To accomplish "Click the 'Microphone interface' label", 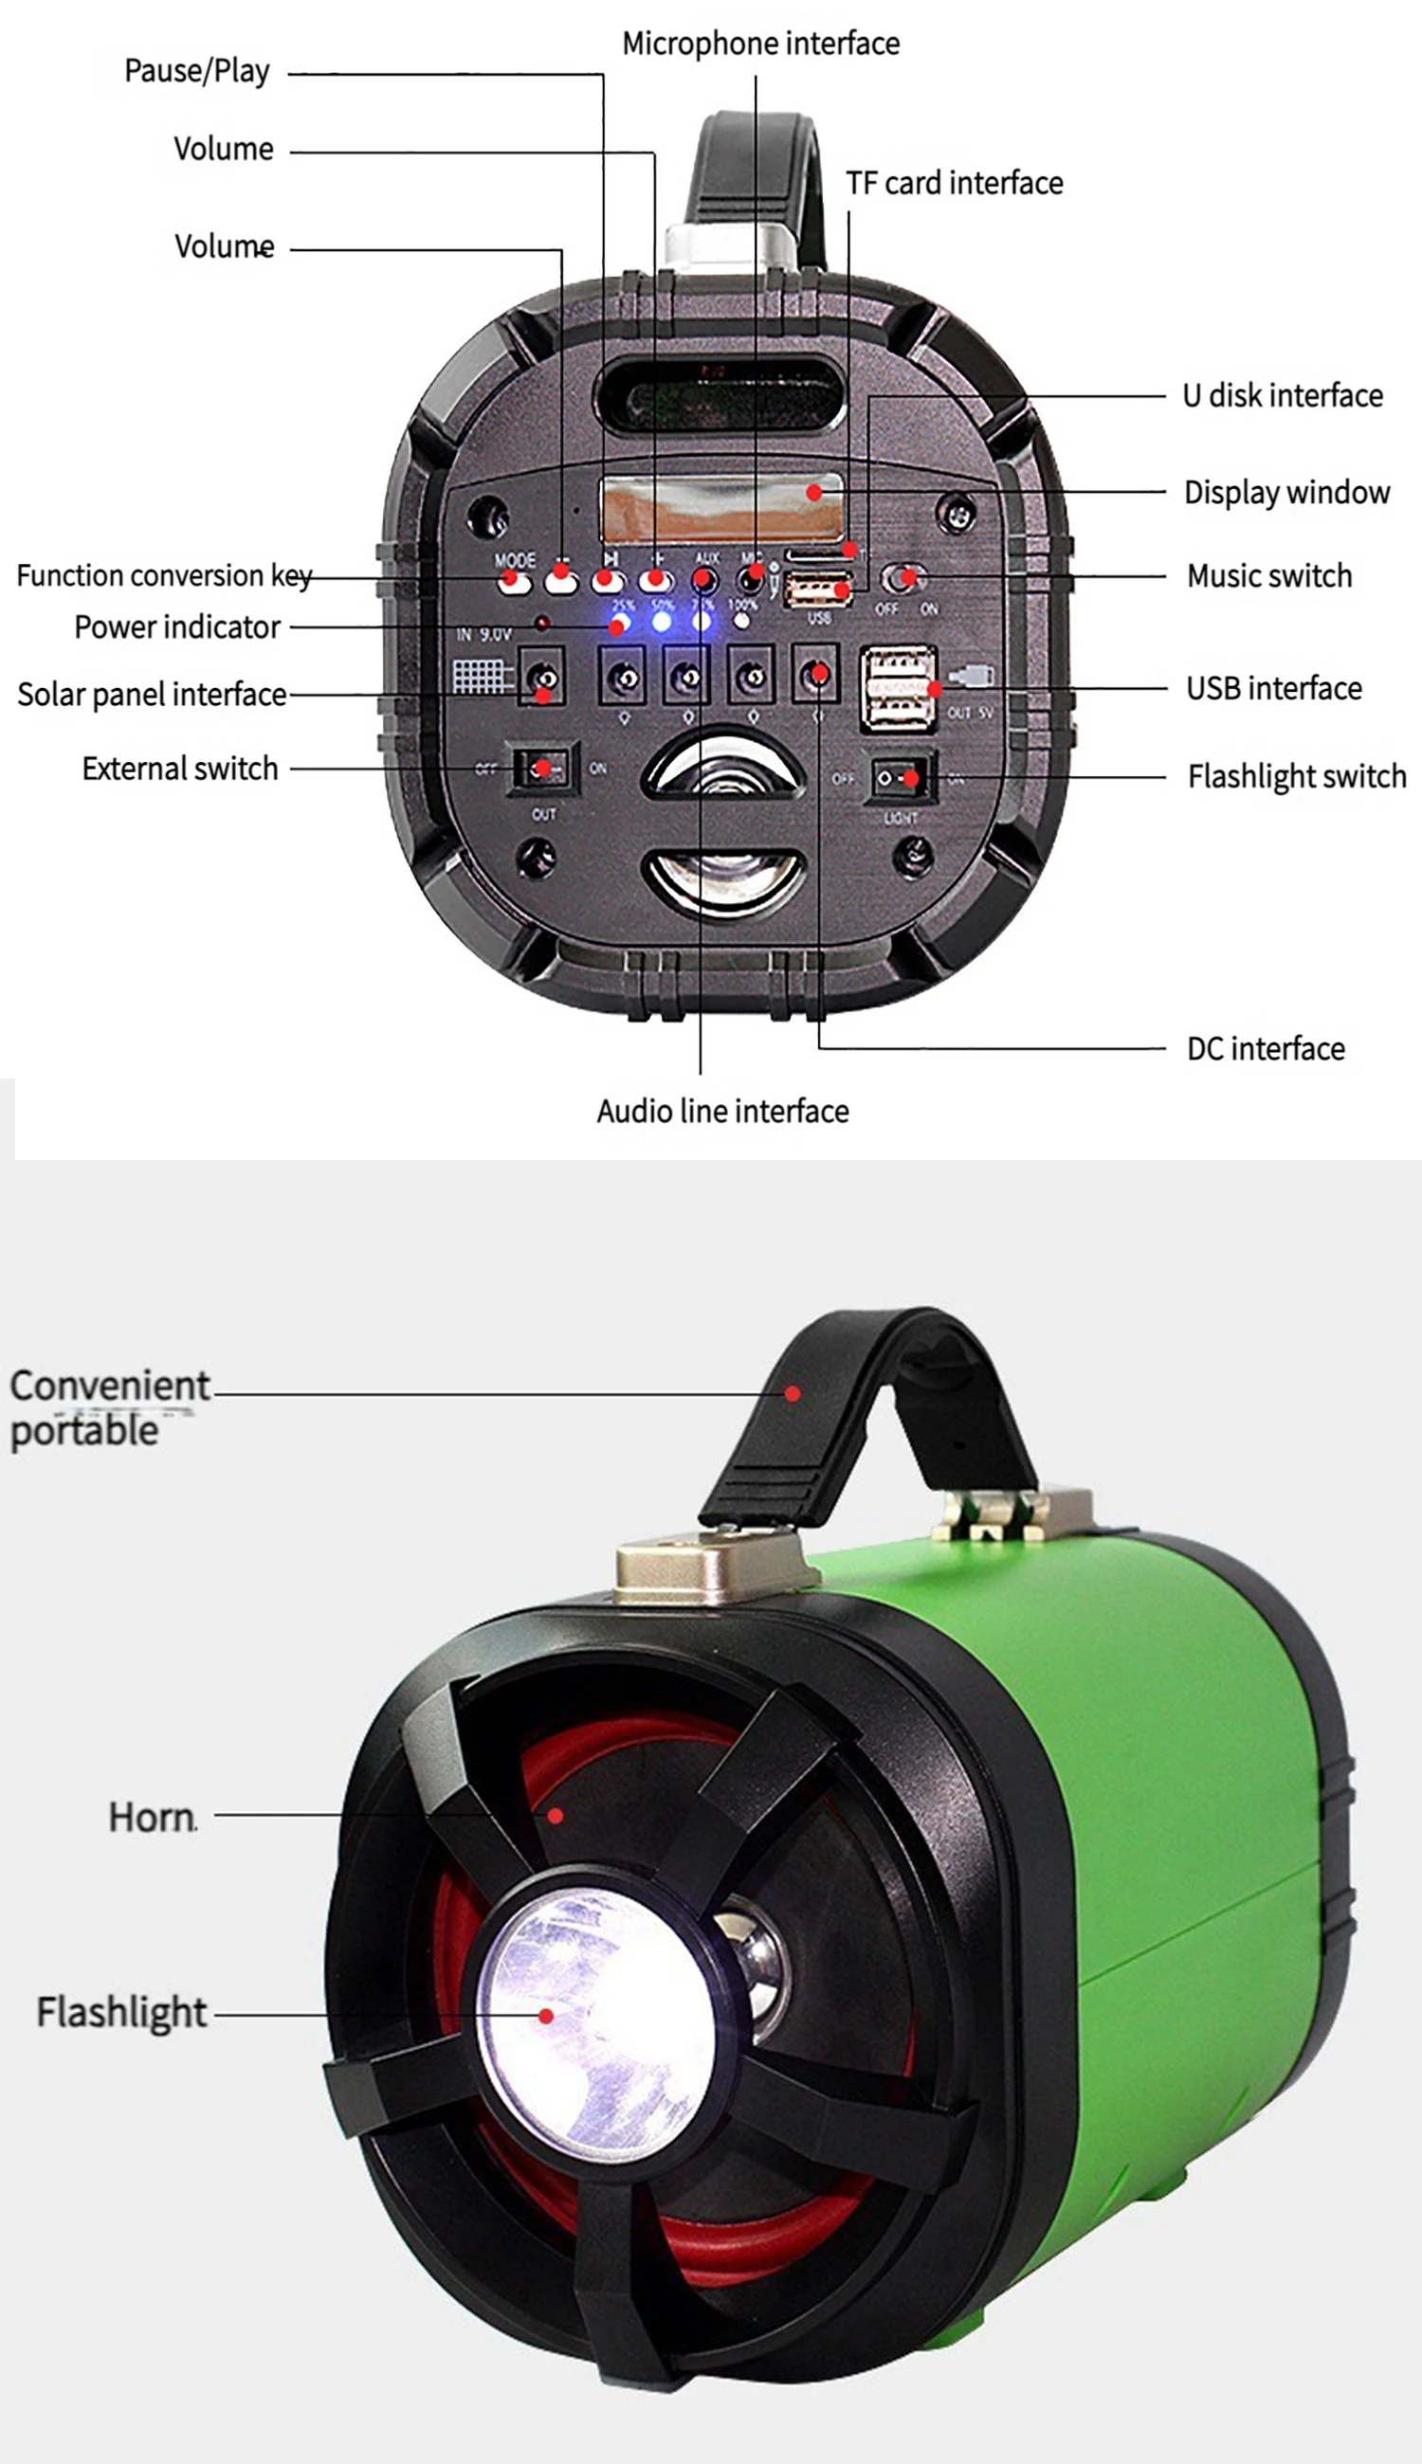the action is (x=761, y=44).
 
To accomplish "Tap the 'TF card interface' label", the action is (x=955, y=184).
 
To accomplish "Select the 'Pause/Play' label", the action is (x=196, y=71).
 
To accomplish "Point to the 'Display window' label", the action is (x=1286, y=492).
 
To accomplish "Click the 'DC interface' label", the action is (x=1266, y=1048).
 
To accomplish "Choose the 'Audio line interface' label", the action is (x=722, y=1111).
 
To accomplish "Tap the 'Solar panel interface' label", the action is (x=152, y=694).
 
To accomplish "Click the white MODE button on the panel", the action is (x=514, y=583).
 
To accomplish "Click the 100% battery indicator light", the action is (x=742, y=621).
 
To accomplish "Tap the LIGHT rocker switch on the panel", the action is (x=899, y=778).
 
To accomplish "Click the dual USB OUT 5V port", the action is (x=898, y=688).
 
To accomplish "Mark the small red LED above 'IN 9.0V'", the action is (x=541, y=622).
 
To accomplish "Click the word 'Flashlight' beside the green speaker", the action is (x=122, y=2012).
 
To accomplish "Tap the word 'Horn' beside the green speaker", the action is (x=153, y=1818).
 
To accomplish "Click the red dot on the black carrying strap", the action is (x=793, y=1394).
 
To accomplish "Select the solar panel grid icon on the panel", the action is (x=482, y=677).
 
